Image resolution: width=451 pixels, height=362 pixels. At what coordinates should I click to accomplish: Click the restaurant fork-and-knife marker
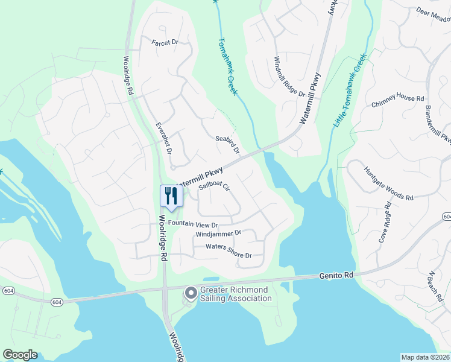(x=171, y=195)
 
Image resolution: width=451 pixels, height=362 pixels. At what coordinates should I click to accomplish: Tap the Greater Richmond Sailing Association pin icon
(x=191, y=294)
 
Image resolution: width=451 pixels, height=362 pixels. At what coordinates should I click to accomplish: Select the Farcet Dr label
(x=166, y=42)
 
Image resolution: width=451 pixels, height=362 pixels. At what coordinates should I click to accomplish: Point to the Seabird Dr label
(x=228, y=144)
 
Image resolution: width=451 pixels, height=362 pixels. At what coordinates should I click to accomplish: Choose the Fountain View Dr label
(x=193, y=224)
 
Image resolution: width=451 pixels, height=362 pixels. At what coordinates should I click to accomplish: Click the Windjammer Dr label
(x=218, y=233)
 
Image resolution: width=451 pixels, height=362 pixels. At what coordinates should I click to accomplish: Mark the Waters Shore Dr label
(x=229, y=247)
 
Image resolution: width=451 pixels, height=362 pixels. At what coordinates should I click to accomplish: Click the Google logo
(x=20, y=354)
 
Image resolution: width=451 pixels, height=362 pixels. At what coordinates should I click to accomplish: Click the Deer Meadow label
(x=434, y=13)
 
